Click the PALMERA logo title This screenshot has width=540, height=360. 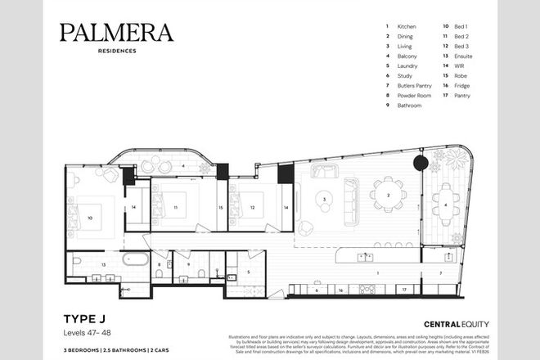pyautogui.click(x=116, y=33)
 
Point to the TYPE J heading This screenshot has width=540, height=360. pyautogui.click(x=82, y=317)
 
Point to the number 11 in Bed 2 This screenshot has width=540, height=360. pyautogui.click(x=175, y=209)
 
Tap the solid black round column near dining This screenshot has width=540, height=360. pyautogui.click(x=421, y=164)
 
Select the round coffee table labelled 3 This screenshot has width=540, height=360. pyautogui.click(x=325, y=199)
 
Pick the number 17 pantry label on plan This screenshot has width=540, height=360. pyautogui.click(x=403, y=290)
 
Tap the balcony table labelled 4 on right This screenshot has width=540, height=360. pyautogui.click(x=446, y=205)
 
